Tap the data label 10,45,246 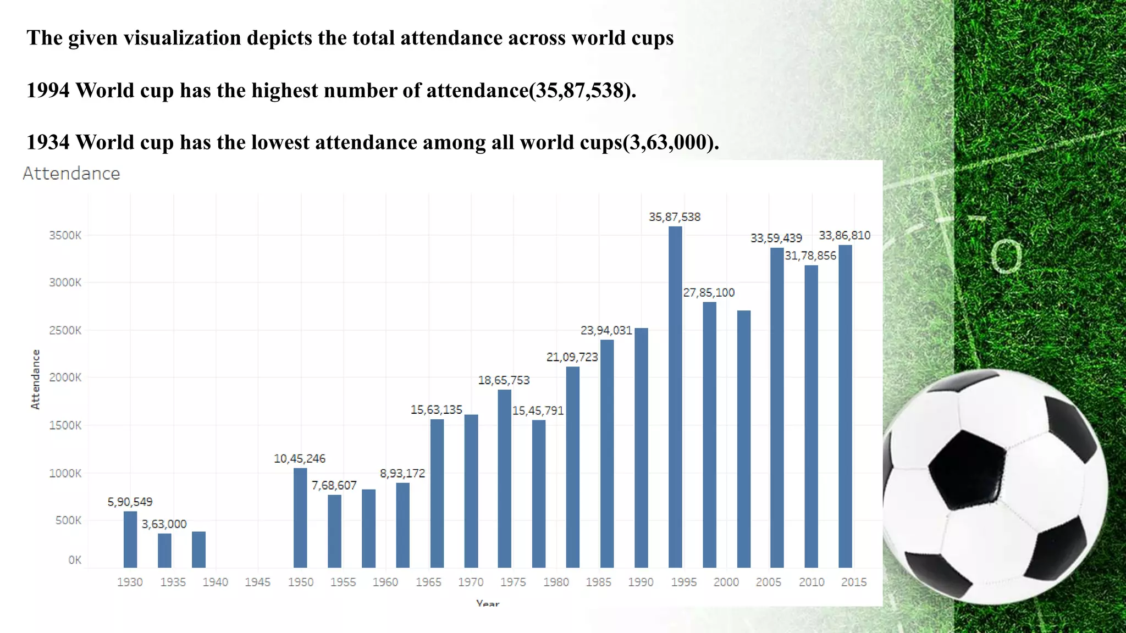tap(300, 458)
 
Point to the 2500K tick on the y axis tap(65, 330)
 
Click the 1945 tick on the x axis tap(258, 582)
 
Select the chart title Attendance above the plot tap(71, 174)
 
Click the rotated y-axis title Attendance tap(36, 379)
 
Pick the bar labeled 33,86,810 tap(845, 407)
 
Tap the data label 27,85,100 tap(709, 292)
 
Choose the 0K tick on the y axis tap(74, 560)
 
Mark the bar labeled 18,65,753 tap(504, 478)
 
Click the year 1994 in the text tap(48, 90)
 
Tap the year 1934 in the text tap(48, 142)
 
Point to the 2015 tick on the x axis tap(853, 582)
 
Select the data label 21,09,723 tap(572, 357)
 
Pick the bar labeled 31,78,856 tap(811, 416)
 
